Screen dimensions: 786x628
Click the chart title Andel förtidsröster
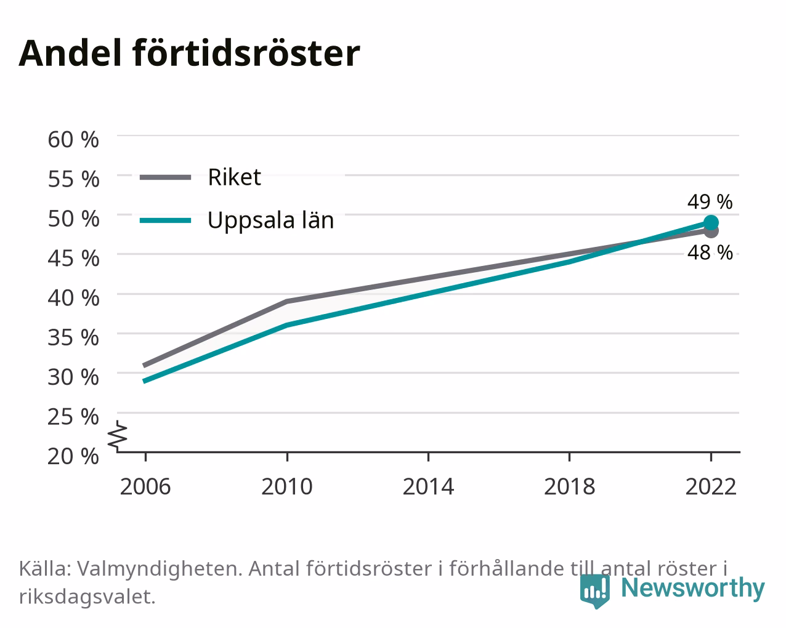pos(189,54)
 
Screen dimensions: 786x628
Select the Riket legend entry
pos(200,177)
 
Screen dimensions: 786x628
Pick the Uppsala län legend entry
pos(237,220)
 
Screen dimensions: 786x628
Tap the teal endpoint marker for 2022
pos(711,222)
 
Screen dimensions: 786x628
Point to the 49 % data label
pos(710,202)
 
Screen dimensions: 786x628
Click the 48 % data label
pos(710,252)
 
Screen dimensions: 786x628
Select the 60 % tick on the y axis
pos(73,140)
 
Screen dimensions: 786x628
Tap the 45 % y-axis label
pos(73,259)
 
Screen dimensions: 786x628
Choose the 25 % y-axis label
pos(73,417)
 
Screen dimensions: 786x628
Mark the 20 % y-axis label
pos(73,456)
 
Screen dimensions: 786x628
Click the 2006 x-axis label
pos(145,487)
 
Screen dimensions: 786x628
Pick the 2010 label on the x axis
pos(286,487)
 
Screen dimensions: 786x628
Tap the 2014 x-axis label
pos(428,487)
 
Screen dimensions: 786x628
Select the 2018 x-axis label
pos(569,487)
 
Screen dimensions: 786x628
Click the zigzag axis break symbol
pos(118,435)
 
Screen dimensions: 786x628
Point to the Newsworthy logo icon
pos(594,591)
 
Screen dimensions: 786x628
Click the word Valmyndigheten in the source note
pos(160,569)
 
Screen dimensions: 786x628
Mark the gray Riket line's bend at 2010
pos(287,302)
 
